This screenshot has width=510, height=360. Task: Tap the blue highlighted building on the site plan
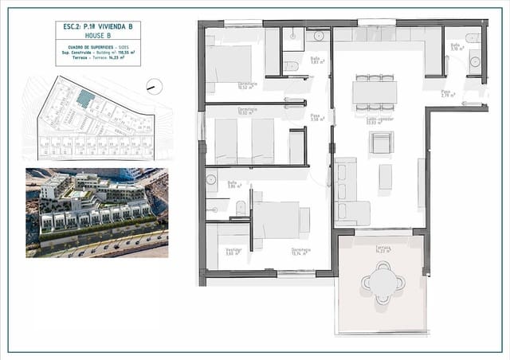point(84,97)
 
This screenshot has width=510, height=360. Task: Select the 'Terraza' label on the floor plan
point(383,249)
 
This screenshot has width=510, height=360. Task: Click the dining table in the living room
point(374,92)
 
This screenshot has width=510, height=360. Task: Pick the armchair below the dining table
point(381,143)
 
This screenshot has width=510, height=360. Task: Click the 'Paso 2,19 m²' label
point(448,94)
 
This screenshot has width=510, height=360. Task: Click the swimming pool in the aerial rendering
point(77,194)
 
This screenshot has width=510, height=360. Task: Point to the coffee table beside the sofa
point(385,177)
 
